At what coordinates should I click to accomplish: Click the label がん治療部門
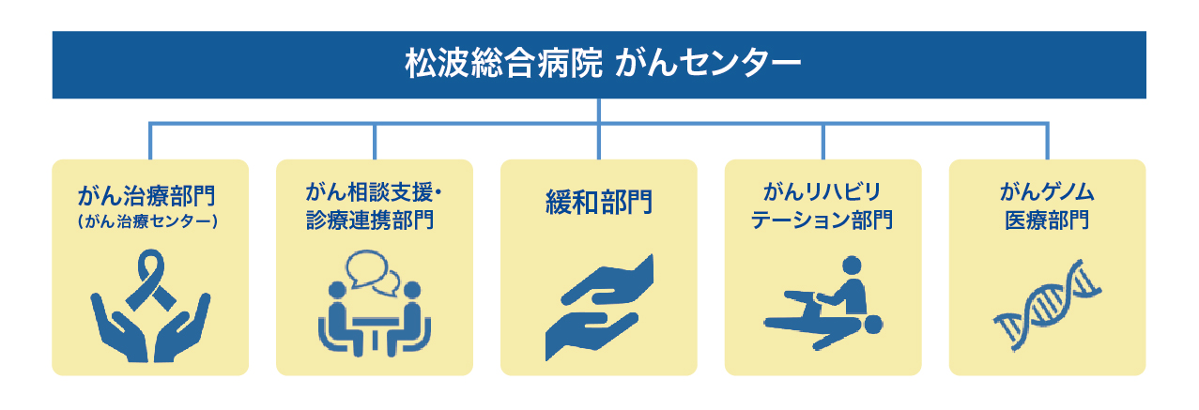point(149,197)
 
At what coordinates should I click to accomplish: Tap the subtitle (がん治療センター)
point(149,223)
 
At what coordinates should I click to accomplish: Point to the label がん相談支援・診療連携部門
point(374,206)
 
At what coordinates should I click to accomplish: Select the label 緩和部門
point(599,202)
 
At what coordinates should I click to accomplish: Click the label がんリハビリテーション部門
point(822,206)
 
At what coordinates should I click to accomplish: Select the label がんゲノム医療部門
point(1047,206)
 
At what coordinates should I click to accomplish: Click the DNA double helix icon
point(1047,301)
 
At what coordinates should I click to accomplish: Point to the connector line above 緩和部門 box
point(599,141)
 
